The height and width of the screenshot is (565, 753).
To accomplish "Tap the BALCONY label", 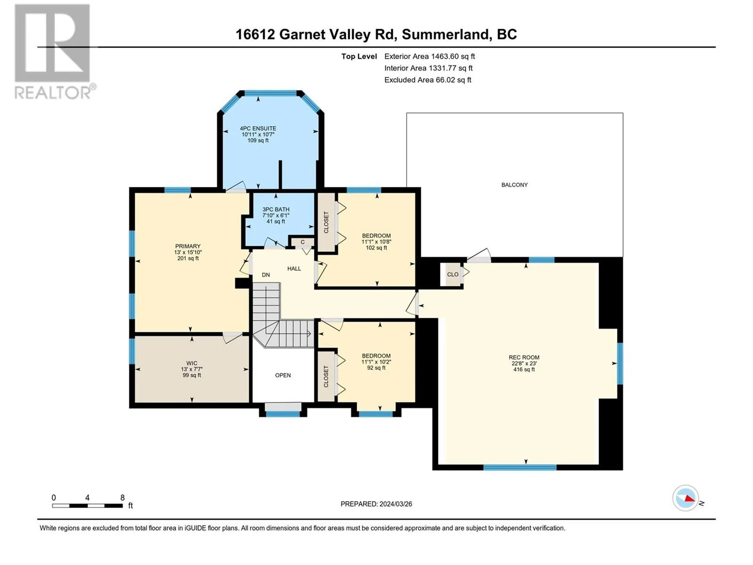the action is click(x=514, y=185).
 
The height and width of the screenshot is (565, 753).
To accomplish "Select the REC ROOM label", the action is click(x=524, y=357).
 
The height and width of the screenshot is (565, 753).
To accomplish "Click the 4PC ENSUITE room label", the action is click(x=258, y=129).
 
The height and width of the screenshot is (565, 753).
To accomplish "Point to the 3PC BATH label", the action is click(x=276, y=210).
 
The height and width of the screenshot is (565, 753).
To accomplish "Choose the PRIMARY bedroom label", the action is click(x=188, y=246).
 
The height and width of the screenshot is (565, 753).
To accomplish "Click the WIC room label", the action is click(x=192, y=363).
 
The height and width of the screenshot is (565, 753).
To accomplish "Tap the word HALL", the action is click(x=294, y=269).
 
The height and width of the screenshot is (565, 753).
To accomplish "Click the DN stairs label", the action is click(x=266, y=275).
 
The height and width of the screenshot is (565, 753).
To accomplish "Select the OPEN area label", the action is click(x=283, y=375).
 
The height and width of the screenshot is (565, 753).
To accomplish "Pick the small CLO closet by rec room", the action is click(x=452, y=274).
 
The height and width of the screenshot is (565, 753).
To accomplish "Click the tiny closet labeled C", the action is click(x=302, y=242).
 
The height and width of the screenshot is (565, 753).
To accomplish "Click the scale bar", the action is click(x=88, y=506).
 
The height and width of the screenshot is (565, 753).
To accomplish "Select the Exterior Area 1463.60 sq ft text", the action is click(x=430, y=56).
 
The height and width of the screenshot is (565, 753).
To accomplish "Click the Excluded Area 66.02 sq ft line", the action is click(x=428, y=80).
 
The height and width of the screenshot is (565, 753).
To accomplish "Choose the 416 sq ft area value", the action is click(x=524, y=370).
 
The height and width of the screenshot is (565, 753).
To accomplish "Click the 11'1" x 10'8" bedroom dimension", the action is click(x=376, y=242).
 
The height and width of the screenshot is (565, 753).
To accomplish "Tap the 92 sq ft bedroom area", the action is click(x=376, y=368).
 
